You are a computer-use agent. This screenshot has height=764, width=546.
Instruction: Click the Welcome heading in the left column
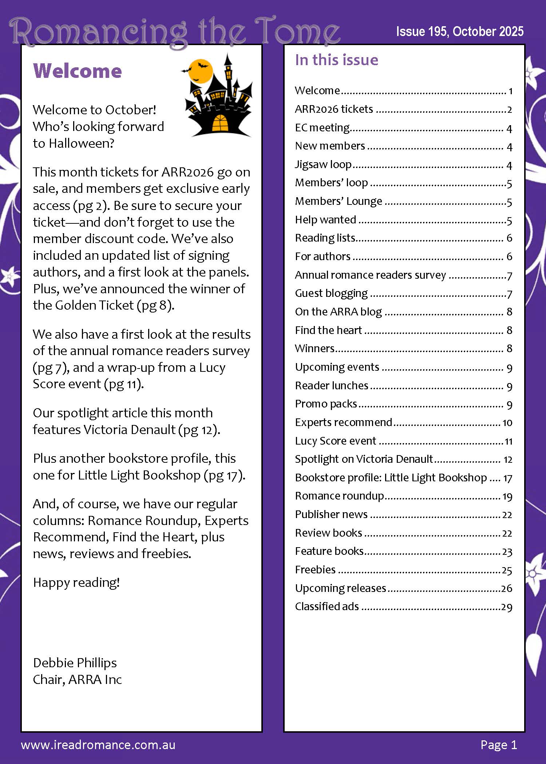(x=77, y=71)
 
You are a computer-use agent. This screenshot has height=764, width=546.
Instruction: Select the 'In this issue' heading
(x=336, y=60)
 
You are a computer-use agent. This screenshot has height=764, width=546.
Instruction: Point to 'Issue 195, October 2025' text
(x=459, y=32)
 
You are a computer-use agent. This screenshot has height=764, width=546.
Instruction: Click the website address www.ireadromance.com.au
(x=98, y=745)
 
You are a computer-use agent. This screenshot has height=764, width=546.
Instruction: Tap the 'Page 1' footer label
(x=498, y=745)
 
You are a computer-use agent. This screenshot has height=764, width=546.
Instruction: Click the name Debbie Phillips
(x=75, y=662)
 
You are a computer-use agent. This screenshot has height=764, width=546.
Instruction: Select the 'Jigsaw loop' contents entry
(x=323, y=164)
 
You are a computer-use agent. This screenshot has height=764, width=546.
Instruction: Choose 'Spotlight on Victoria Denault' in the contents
(x=364, y=459)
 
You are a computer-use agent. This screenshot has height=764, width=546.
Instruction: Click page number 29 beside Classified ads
(x=507, y=607)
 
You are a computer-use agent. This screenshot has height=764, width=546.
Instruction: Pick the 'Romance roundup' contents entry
(x=339, y=496)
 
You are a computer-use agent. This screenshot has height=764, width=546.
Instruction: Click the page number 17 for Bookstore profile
(x=507, y=478)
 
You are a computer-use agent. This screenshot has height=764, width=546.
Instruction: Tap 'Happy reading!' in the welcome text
(x=76, y=582)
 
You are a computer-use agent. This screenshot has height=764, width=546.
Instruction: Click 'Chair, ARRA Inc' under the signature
(x=77, y=679)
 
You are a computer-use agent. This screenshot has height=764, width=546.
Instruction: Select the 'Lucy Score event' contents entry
(x=335, y=441)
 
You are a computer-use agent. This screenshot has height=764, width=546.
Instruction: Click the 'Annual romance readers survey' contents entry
(x=370, y=275)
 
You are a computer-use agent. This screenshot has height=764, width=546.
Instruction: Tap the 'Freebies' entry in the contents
(x=315, y=570)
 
